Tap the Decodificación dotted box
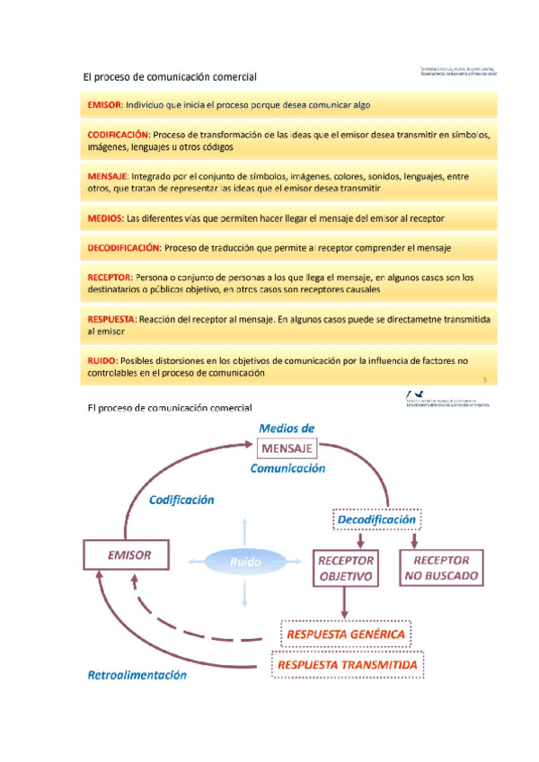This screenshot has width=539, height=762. (376, 520)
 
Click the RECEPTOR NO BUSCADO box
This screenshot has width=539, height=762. (441, 568)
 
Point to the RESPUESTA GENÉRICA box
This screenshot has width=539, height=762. (347, 634)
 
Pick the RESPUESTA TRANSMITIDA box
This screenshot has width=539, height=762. (348, 665)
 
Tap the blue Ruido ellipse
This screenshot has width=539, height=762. (244, 562)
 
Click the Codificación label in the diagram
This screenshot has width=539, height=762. (181, 500)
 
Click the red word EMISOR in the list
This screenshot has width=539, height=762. (104, 105)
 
